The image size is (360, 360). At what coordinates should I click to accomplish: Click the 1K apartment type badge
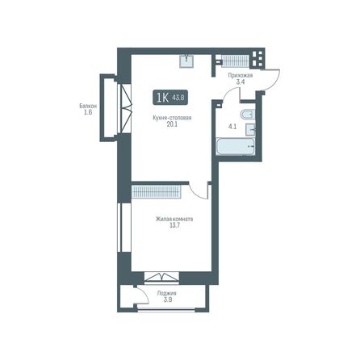click(161, 98)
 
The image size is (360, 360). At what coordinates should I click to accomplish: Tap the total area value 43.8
click(179, 98)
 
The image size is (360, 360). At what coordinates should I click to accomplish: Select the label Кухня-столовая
click(171, 118)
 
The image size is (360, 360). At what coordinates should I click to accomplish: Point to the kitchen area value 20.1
click(171, 125)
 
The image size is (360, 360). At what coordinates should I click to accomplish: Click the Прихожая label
click(240, 75)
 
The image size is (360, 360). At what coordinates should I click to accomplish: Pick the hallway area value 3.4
click(240, 82)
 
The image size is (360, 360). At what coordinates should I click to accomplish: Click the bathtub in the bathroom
click(235, 148)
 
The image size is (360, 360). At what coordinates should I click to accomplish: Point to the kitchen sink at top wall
click(187, 59)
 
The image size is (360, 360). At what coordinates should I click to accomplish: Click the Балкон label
click(89, 106)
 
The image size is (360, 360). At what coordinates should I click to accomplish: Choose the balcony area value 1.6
click(89, 113)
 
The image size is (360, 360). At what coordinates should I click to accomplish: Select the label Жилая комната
click(174, 219)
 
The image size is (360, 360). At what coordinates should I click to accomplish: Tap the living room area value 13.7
click(174, 226)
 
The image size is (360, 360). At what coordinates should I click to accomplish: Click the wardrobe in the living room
click(158, 191)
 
